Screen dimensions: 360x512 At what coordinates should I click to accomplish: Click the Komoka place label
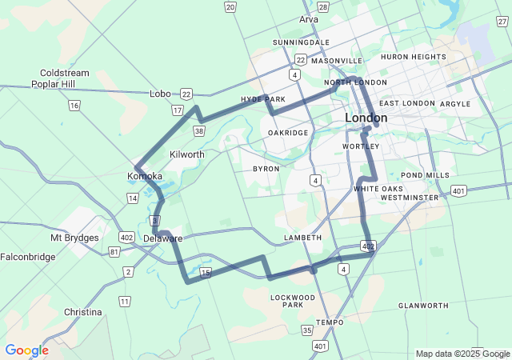(145, 176)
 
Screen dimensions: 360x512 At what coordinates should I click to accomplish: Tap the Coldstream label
(64, 73)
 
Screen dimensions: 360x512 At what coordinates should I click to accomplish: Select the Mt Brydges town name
(75, 238)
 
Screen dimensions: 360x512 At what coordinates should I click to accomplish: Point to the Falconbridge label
(28, 257)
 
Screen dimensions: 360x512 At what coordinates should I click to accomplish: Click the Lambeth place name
(303, 238)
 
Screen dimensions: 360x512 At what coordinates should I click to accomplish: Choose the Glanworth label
(423, 306)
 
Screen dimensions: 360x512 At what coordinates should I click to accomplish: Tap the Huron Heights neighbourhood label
(413, 57)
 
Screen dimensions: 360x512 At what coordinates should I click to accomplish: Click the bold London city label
(366, 118)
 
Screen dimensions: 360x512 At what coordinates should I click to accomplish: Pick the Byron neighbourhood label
(266, 169)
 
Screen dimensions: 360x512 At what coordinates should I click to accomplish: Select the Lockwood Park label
(293, 301)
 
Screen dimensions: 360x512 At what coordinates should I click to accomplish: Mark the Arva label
(308, 19)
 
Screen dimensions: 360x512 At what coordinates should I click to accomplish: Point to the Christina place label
(83, 312)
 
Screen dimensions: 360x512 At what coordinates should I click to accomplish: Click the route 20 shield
(230, 7)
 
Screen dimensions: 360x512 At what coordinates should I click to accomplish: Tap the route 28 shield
(323, 7)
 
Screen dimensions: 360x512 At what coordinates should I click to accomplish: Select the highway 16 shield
(74, 105)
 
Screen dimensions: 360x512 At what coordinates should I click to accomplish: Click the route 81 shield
(115, 252)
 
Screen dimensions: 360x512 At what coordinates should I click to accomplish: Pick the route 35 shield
(307, 330)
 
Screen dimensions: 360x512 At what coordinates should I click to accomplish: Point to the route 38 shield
(199, 130)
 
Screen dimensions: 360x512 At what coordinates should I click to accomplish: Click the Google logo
(26, 350)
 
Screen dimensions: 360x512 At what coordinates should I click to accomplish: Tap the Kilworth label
(187, 154)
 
